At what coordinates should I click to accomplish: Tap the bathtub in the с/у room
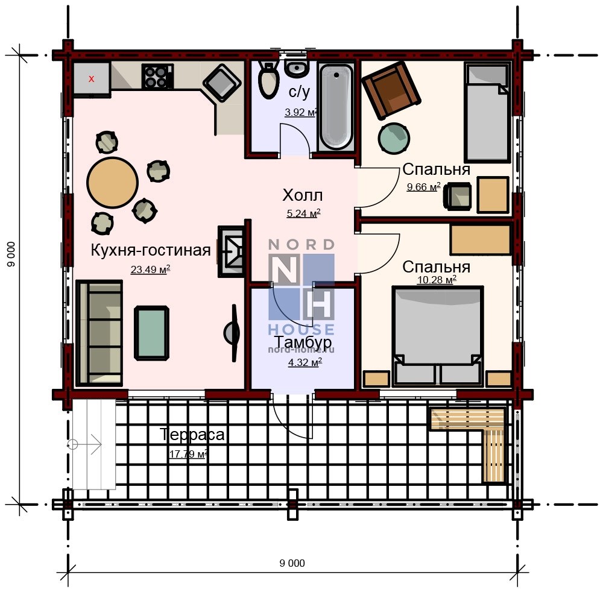pyautogui.click(x=336, y=107)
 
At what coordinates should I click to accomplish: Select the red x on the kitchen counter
pyautogui.click(x=92, y=79)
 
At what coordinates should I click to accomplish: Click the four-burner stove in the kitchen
pyautogui.click(x=157, y=77)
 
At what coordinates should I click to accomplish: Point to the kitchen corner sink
pyautogui.click(x=222, y=83)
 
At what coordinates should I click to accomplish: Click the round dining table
pyautogui.click(x=112, y=183)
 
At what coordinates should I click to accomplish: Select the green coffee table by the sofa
pyautogui.click(x=151, y=333)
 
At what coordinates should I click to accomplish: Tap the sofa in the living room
pyautogui.click(x=99, y=333)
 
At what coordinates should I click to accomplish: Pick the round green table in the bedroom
pyautogui.click(x=394, y=138)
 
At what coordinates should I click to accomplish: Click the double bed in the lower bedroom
pyautogui.click(x=438, y=336)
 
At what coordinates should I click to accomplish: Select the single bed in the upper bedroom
pyautogui.click(x=487, y=112)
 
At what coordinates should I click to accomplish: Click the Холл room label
pyautogui.click(x=303, y=195)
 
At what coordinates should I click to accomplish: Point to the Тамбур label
pyautogui.click(x=303, y=341)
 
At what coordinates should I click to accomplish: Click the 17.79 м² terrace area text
pyautogui.click(x=188, y=453)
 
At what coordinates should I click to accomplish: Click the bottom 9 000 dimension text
pyautogui.click(x=292, y=563)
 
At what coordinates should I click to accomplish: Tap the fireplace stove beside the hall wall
pyautogui.click(x=231, y=251)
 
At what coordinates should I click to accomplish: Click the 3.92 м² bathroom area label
pyautogui.click(x=301, y=112)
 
